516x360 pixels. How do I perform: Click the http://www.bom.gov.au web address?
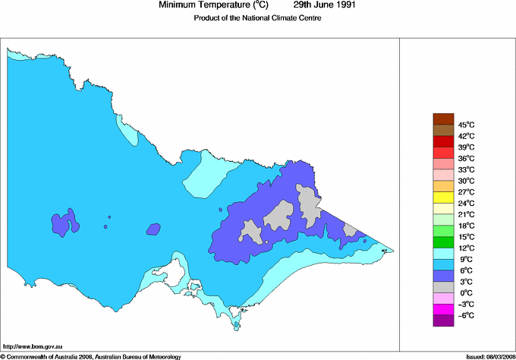32,346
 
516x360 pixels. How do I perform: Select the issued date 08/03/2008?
496,355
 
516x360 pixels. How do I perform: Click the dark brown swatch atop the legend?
443,118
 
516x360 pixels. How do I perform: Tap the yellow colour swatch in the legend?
443,197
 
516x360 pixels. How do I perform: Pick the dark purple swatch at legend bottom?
443,321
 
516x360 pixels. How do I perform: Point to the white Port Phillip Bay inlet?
180,271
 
